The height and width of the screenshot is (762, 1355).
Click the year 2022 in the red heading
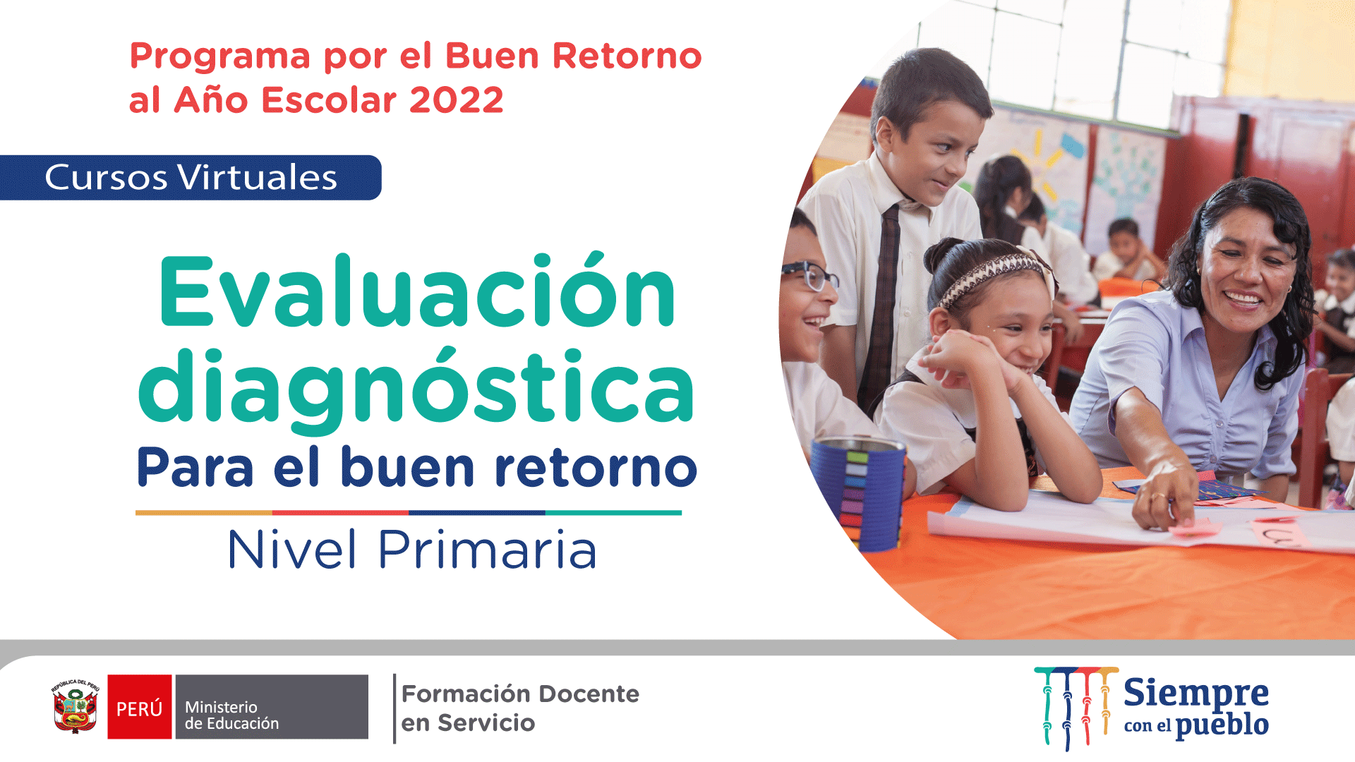pyautogui.click(x=456, y=100)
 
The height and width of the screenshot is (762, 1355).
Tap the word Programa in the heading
pyautogui.click(x=220, y=56)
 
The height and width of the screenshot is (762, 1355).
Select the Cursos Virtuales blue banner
pyautogui.click(x=191, y=178)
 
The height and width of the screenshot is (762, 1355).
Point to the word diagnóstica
pyautogui.click(x=416, y=388)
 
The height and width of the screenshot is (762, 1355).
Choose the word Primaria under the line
pyautogui.click(x=488, y=550)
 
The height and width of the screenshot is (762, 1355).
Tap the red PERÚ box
pyautogui.click(x=140, y=707)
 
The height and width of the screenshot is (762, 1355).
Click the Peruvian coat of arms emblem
pyautogui.click(x=75, y=707)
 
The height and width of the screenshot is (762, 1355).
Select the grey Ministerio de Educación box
pyautogui.click(x=272, y=707)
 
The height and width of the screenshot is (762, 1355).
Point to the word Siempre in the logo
pyautogui.click(x=1196, y=693)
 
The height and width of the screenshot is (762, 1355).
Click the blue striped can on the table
pyautogui.click(x=858, y=492)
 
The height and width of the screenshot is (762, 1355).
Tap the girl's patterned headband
pyautogui.click(x=992, y=277)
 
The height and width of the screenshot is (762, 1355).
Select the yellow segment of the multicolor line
pyautogui.click(x=204, y=513)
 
